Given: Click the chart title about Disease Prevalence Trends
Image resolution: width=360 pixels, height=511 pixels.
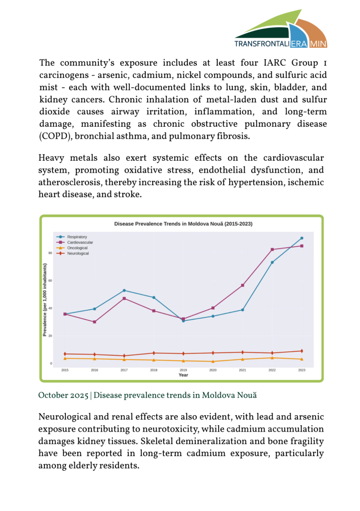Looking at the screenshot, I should click(x=183, y=224).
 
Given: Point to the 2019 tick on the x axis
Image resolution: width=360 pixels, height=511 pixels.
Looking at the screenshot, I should click(x=183, y=370).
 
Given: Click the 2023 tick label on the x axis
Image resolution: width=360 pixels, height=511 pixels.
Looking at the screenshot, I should click(x=302, y=370).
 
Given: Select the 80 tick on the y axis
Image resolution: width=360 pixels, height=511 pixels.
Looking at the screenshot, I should click(x=50, y=253).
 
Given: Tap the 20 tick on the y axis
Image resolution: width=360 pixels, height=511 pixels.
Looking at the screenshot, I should click(x=50, y=336).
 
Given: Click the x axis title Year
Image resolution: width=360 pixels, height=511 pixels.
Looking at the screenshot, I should click(x=183, y=375).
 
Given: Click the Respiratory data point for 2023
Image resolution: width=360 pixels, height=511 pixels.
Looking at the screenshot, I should click(x=302, y=238).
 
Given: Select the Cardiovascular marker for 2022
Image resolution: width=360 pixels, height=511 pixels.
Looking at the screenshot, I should click(x=272, y=250).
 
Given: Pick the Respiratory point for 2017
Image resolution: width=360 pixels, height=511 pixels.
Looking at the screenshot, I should click(x=124, y=290).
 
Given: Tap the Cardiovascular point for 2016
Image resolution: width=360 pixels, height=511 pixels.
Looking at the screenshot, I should click(x=94, y=322).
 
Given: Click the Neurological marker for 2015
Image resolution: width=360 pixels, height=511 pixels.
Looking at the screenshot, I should click(x=65, y=354).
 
